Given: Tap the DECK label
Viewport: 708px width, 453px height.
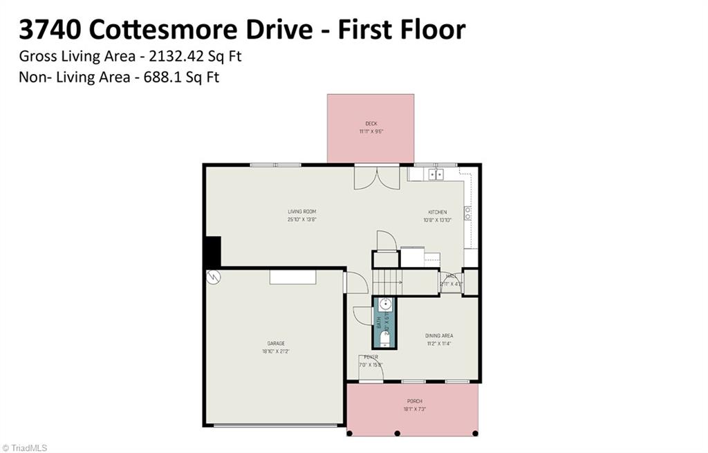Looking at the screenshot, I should click(x=371, y=124).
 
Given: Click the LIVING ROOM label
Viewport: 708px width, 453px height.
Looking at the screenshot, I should click(x=302, y=212).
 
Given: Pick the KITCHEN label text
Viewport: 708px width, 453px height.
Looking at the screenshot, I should click(x=437, y=212).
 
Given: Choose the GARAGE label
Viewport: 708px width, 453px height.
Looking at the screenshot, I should click(x=276, y=344).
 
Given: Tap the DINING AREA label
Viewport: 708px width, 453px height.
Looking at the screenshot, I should click(x=439, y=336).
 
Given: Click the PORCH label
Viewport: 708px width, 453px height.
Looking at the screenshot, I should click(x=414, y=401).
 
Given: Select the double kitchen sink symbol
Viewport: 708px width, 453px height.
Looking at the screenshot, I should click(x=436, y=174).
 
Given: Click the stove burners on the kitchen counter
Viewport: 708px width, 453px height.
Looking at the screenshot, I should click(x=467, y=212).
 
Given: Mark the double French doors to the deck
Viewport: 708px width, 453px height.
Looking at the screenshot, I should click(x=377, y=177).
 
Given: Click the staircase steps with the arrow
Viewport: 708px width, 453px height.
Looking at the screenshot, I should click(x=388, y=282).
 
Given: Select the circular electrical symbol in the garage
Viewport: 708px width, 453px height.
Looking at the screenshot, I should click(x=214, y=277).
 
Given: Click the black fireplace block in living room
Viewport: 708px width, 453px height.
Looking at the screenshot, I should click(x=212, y=252).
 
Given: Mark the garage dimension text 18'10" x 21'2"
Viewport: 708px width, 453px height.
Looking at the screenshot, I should click(x=276, y=351).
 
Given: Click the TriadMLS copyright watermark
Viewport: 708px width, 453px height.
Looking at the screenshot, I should click(x=25, y=447).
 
